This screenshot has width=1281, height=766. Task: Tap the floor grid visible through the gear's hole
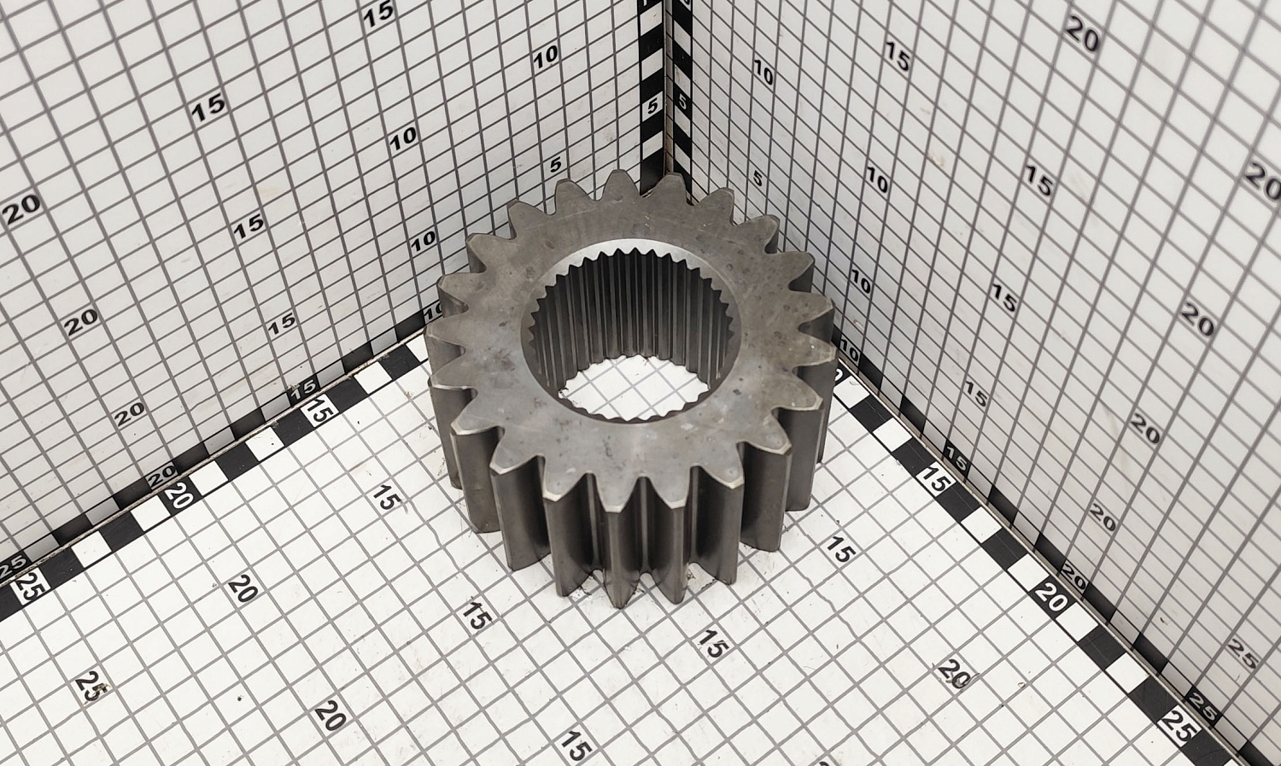(634, 388)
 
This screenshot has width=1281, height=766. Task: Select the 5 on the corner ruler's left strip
(652, 107)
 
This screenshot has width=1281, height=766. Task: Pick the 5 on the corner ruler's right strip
(682, 102)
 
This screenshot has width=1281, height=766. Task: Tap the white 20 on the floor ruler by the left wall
(179, 495)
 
